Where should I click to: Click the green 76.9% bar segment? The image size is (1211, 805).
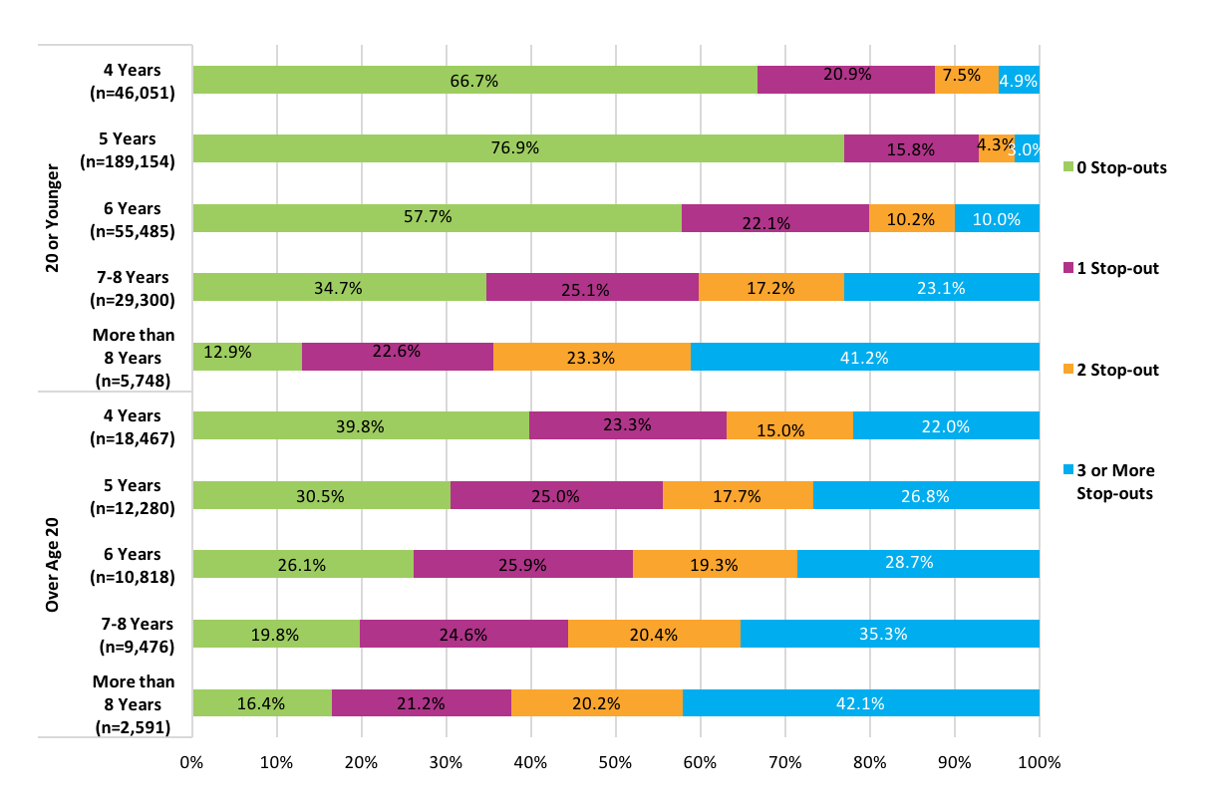click(x=517, y=148)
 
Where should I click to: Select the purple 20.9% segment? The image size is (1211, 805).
click(x=845, y=80)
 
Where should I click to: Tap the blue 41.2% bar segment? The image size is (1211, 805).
click(x=864, y=357)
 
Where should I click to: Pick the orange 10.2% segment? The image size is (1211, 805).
click(x=911, y=218)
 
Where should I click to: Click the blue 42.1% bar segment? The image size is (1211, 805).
click(x=860, y=702)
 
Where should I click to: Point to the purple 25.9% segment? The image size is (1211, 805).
click(x=522, y=564)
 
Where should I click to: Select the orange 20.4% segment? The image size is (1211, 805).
click(x=654, y=634)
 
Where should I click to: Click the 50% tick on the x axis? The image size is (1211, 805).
click(x=615, y=763)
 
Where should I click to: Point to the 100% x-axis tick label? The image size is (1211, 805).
click(x=1039, y=763)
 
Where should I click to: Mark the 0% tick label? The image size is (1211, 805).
click(x=191, y=763)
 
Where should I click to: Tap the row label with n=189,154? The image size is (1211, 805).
click(x=133, y=148)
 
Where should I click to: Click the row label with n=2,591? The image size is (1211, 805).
click(x=133, y=702)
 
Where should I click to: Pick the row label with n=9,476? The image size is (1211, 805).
click(x=133, y=634)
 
